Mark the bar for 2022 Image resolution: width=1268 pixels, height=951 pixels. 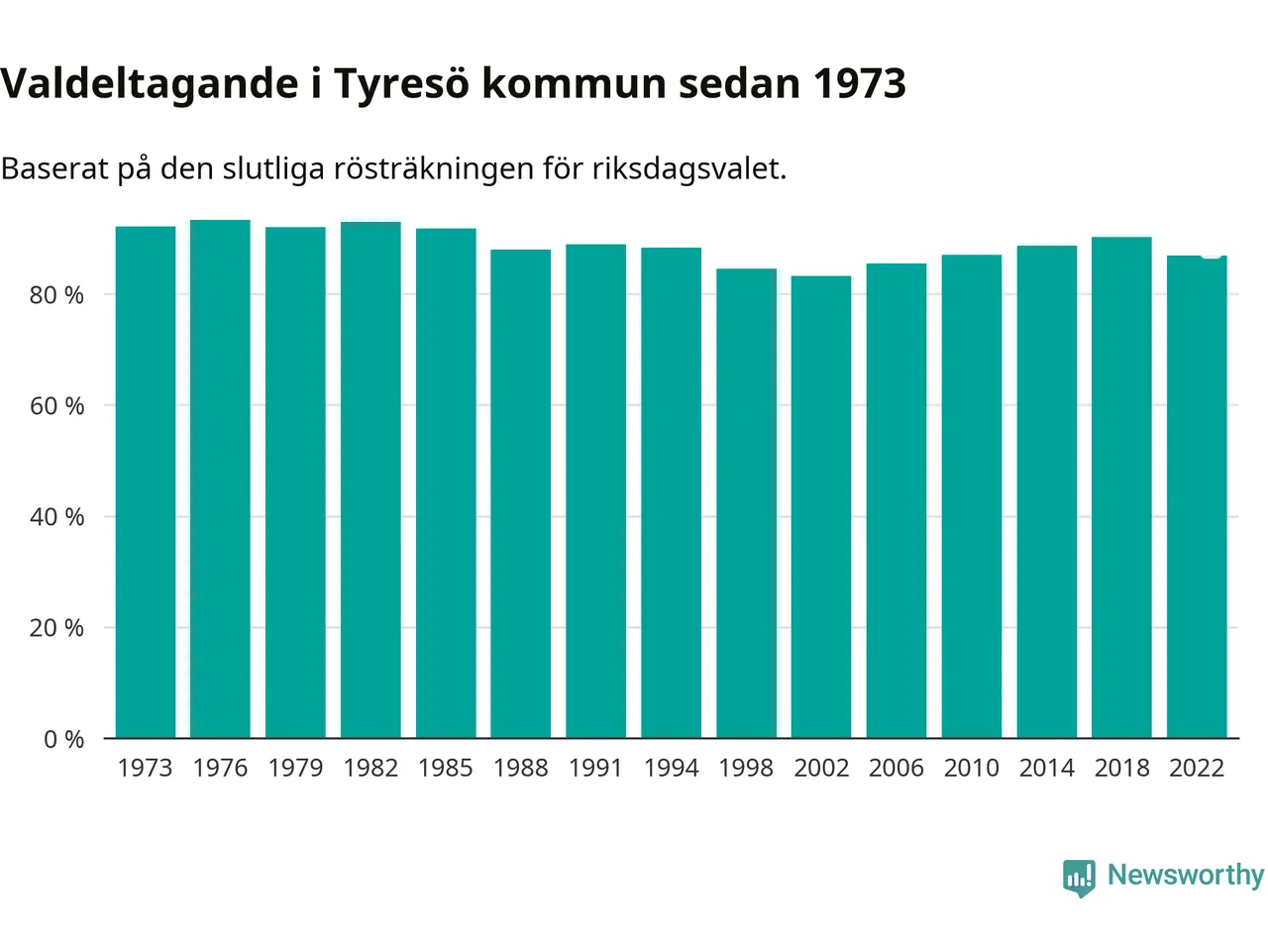pyautogui.click(x=1197, y=496)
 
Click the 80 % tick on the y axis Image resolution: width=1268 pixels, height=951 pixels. pyautogui.click(x=56, y=295)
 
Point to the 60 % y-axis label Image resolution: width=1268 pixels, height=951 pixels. pyautogui.click(x=56, y=406)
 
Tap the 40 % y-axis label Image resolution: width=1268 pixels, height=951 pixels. pyautogui.click(x=56, y=517)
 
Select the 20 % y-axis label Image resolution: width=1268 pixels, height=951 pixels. pyautogui.click(x=56, y=628)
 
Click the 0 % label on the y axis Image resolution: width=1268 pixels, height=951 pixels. pyautogui.click(x=63, y=739)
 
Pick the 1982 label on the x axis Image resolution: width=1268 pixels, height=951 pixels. pyautogui.click(x=370, y=768)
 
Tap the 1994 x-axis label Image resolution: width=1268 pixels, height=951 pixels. pyautogui.click(x=671, y=768)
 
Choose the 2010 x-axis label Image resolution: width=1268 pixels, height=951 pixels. pyautogui.click(x=971, y=768)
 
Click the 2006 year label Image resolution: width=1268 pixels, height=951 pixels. pyautogui.click(x=897, y=768)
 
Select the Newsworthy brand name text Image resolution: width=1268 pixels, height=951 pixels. pyautogui.click(x=1186, y=875)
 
